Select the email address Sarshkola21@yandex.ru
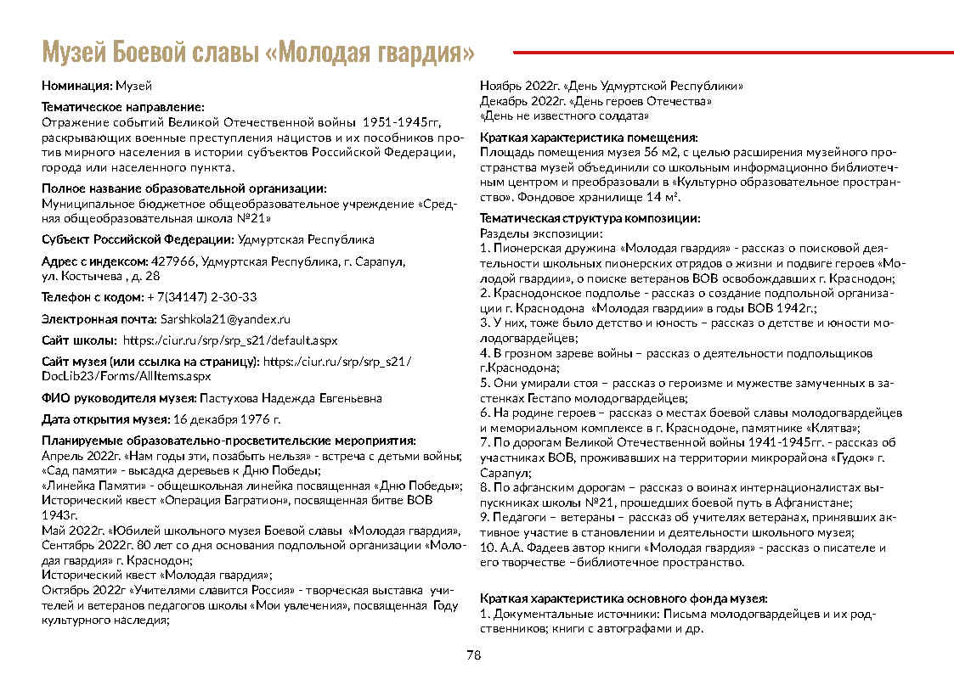[x=225, y=319]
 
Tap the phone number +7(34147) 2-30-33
[x=202, y=297]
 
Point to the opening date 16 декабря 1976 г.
[x=227, y=419]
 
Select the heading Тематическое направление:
[x=123, y=107]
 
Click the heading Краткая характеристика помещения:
[x=589, y=138]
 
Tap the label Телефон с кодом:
[x=93, y=297]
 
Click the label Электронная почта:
[x=99, y=319]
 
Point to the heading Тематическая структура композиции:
[x=590, y=218]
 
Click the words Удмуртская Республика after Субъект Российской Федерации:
[x=306, y=239]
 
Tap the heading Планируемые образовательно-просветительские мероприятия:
[x=229, y=441]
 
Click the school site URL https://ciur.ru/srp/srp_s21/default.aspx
[x=230, y=340]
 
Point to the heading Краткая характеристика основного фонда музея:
[x=624, y=598]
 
